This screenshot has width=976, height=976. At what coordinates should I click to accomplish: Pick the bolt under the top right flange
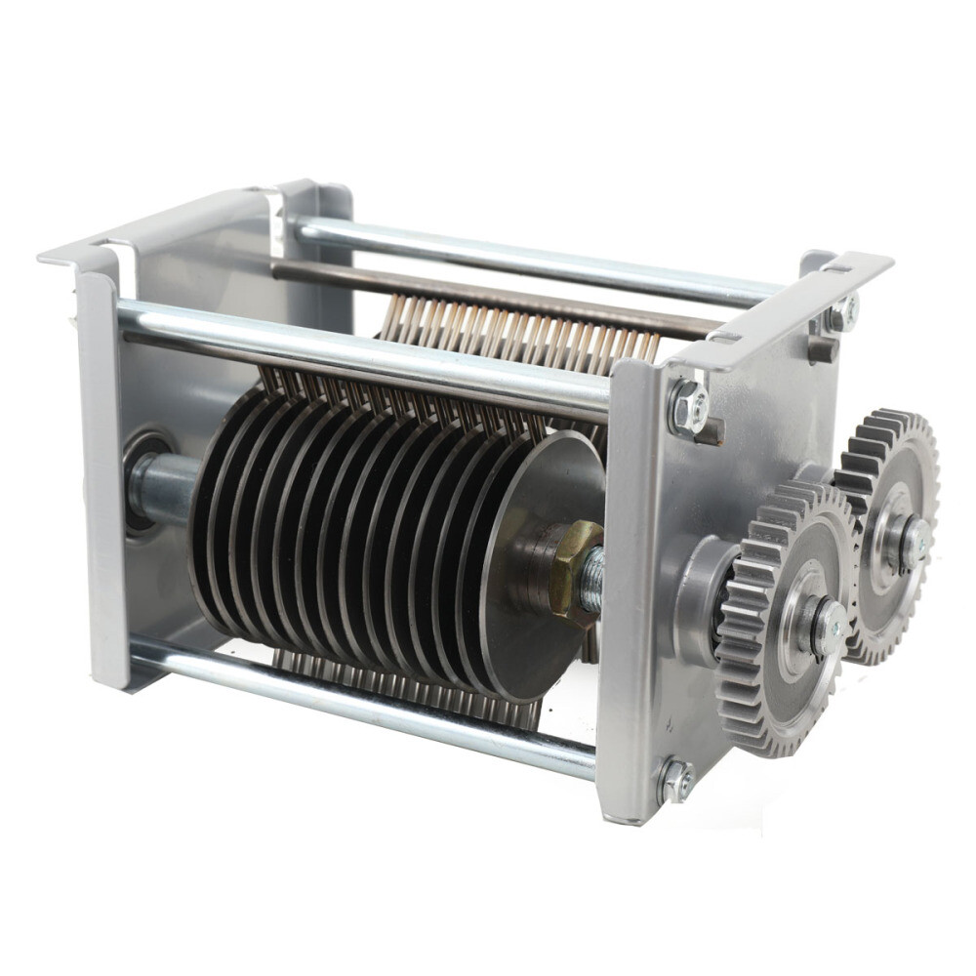point(841,313)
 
